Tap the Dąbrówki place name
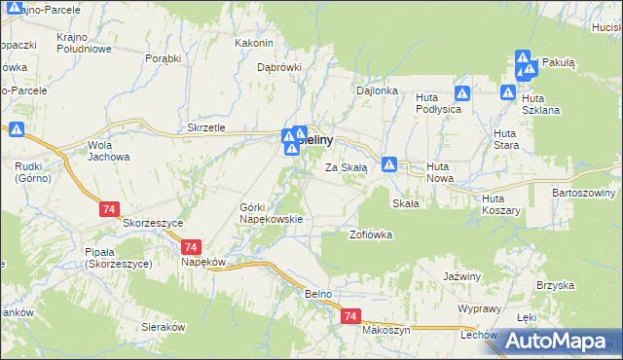tap(279, 68)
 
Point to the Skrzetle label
tap(205, 128)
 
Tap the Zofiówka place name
tap(370, 234)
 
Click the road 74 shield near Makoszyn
tap(351, 317)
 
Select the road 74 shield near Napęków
tap(191, 248)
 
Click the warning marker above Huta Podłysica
tap(463, 94)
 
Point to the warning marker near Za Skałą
tap(389, 165)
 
